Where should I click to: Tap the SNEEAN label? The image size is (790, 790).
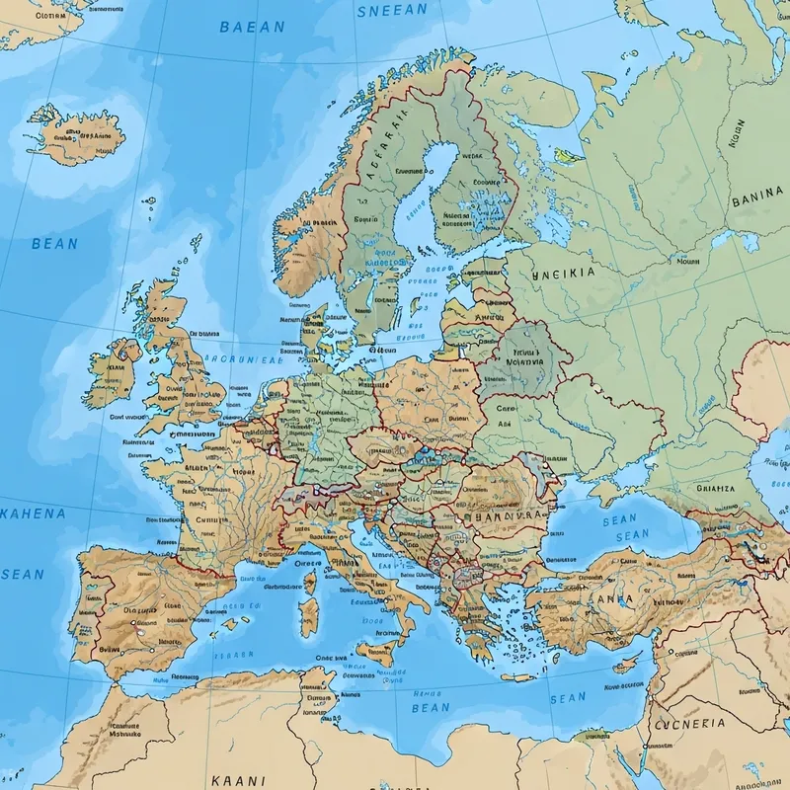(391, 10)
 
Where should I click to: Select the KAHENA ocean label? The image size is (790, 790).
(34, 513)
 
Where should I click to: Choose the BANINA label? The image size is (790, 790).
(758, 200)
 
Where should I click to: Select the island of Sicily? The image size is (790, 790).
(379, 653)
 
